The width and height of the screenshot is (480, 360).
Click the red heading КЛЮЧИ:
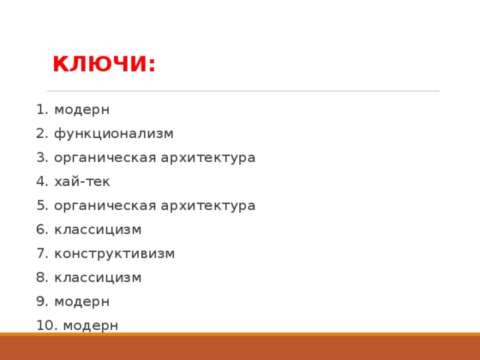[104, 65]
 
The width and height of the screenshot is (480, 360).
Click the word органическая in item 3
[105, 157]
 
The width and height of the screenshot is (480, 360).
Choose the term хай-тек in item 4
[82, 181]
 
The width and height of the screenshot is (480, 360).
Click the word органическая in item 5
[105, 205]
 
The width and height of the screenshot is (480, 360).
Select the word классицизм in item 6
[97, 229]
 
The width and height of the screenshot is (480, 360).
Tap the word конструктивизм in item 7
[114, 253]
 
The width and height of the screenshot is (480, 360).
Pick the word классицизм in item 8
[97, 277]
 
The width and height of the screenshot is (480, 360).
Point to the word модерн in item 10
[91, 325]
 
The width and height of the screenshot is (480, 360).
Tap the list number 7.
[41, 253]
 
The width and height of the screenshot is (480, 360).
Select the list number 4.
[41, 181]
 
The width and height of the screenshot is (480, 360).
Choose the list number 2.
[41, 133]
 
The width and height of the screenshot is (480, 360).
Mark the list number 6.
[41, 229]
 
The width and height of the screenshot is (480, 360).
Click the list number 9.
[41, 301]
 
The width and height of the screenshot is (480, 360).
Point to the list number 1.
[41, 109]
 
